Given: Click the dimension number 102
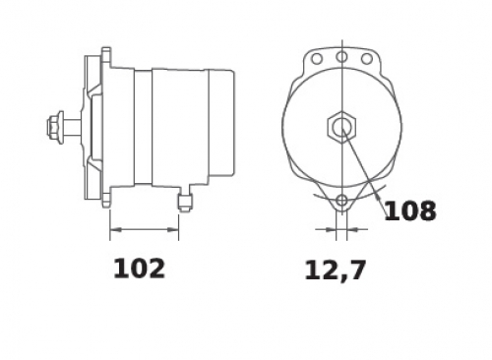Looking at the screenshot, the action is coord(139,269).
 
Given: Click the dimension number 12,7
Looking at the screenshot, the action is coord(335,270).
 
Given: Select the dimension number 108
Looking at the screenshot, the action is coord(410,210).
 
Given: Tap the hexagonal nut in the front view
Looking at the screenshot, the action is coord(341,127).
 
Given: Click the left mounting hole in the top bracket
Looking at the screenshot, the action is coord(317,59).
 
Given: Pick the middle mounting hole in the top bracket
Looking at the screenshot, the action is coord(341,57).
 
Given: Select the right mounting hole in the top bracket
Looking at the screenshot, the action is coord(367,59).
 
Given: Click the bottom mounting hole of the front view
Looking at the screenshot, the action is coord(341,200).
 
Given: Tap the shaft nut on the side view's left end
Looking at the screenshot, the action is coord(55,127).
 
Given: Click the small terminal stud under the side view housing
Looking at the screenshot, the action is coord(185,203).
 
